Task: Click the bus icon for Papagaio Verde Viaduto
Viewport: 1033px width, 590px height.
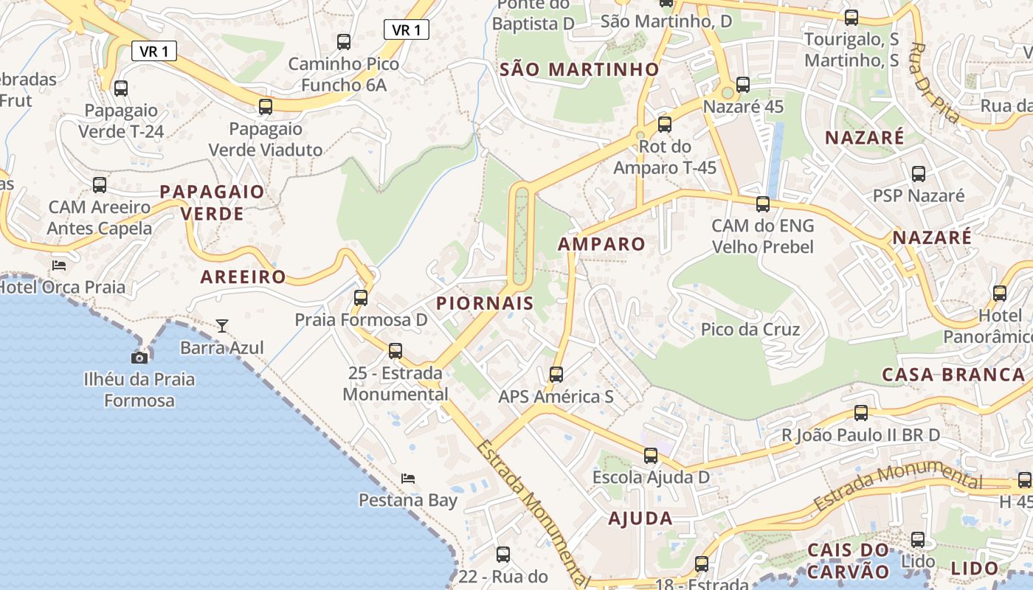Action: point(266,106)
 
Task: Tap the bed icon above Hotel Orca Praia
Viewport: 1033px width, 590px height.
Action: point(59,265)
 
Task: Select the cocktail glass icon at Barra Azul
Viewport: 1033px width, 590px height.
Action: point(222,325)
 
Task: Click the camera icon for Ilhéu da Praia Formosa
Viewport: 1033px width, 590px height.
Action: point(139,358)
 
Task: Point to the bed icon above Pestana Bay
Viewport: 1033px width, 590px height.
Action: point(408,478)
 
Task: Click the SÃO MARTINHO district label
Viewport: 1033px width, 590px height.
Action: point(579,69)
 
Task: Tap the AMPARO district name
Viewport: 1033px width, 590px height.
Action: point(601,244)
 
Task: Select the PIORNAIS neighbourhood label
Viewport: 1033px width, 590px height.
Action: point(485,303)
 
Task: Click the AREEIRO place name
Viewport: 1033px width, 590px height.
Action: point(243,277)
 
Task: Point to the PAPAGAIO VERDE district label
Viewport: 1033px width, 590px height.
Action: point(212,203)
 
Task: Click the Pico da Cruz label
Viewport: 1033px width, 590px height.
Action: point(750,330)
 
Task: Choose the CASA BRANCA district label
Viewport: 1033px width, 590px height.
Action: point(953,375)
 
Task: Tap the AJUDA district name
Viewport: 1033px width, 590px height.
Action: point(640,518)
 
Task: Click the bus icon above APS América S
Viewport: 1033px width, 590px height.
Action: point(556,375)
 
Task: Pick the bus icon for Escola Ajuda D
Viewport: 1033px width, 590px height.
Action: point(650,456)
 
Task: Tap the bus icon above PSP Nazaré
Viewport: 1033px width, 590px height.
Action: point(919,174)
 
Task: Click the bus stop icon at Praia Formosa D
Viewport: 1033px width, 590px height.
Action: point(361,298)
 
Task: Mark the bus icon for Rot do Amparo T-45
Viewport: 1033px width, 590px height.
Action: point(665,124)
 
